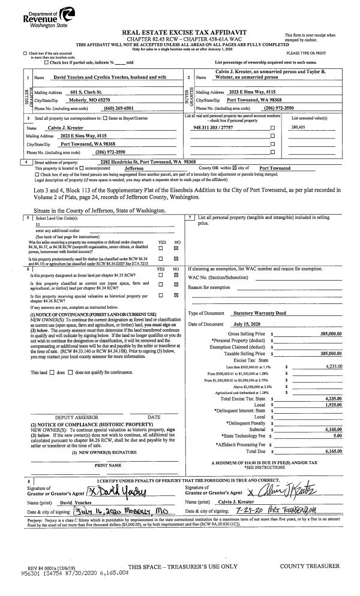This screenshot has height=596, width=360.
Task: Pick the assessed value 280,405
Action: point(298,128)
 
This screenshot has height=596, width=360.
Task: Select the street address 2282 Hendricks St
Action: point(123,162)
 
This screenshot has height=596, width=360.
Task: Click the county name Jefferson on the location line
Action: point(137,168)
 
